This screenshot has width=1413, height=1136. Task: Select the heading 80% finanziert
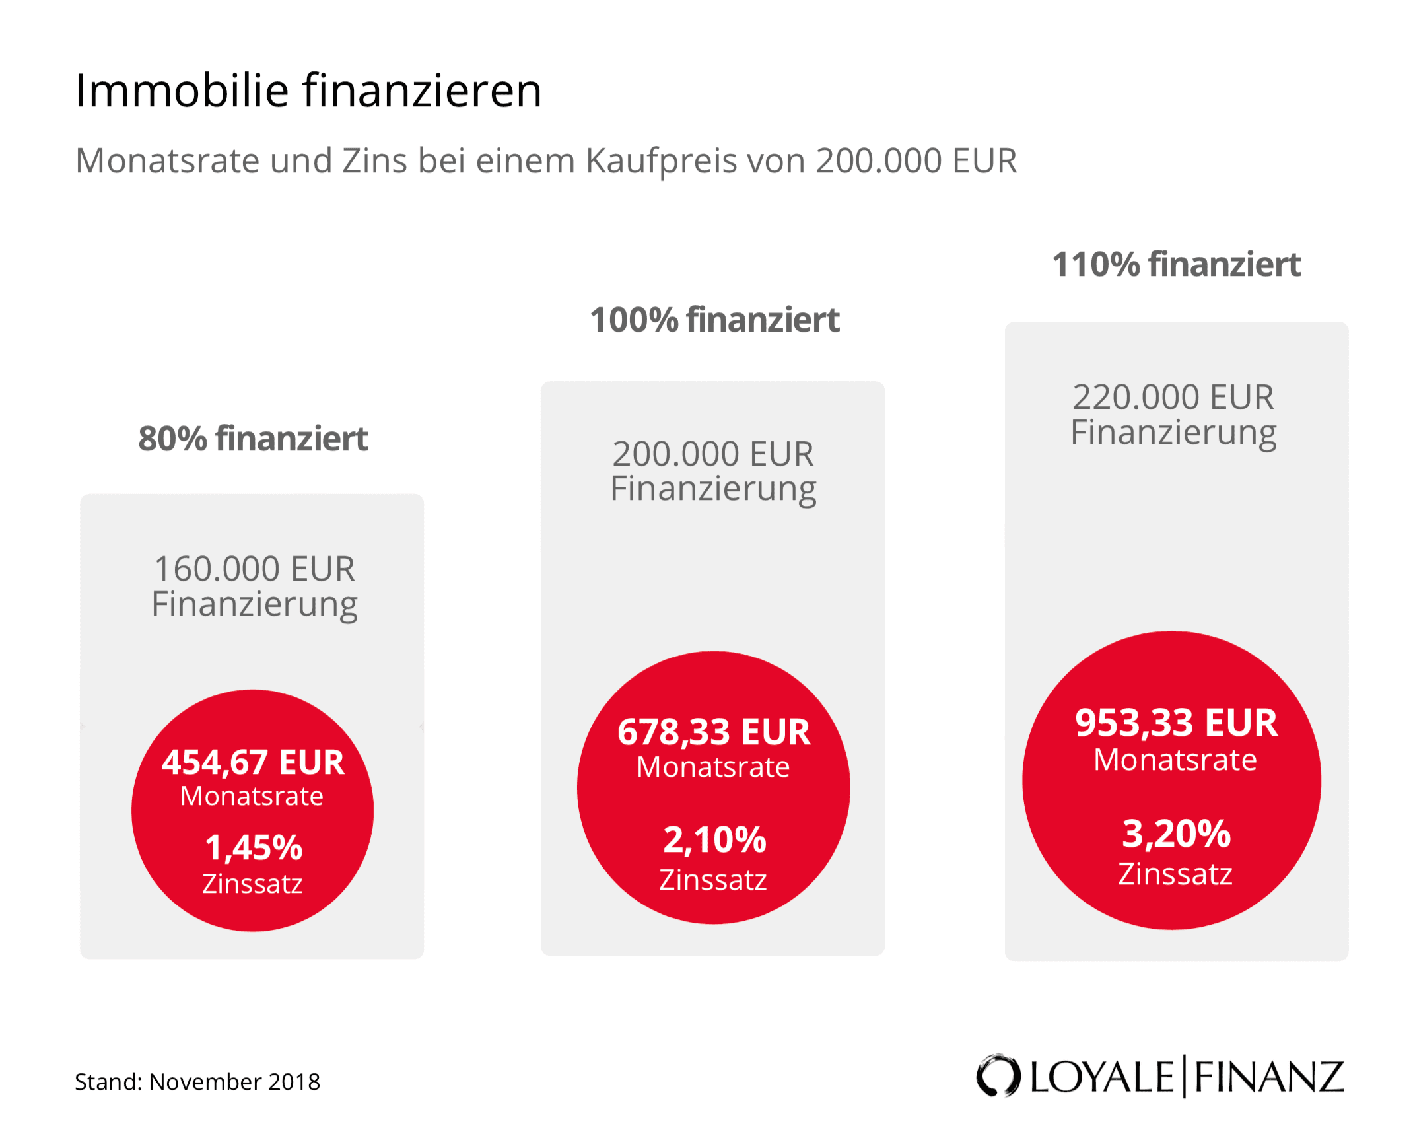pyautogui.click(x=253, y=439)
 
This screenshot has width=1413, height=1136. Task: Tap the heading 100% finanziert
pyautogui.click(x=714, y=320)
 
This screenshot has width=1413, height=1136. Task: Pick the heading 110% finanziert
pyautogui.click(x=1176, y=265)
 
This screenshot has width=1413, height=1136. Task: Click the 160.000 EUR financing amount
pyautogui.click(x=254, y=569)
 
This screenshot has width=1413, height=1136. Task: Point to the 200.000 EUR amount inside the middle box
pyautogui.click(x=713, y=454)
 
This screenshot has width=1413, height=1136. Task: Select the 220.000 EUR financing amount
pyautogui.click(x=1173, y=397)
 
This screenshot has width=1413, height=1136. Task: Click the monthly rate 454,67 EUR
pyautogui.click(x=253, y=762)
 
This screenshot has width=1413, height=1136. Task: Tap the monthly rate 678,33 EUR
pyautogui.click(x=713, y=732)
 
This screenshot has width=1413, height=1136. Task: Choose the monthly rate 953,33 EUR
pyautogui.click(x=1176, y=723)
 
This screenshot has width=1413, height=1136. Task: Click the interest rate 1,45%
pyautogui.click(x=253, y=847)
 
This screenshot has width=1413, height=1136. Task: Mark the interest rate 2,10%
pyautogui.click(x=714, y=839)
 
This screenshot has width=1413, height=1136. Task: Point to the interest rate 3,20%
pyautogui.click(x=1176, y=834)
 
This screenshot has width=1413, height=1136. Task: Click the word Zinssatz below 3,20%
pyautogui.click(x=1175, y=874)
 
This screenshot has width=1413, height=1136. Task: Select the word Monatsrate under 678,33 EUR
pyautogui.click(x=713, y=767)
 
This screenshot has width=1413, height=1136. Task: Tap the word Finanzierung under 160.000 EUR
pyautogui.click(x=254, y=604)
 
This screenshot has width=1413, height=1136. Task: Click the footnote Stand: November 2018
pyautogui.click(x=197, y=1082)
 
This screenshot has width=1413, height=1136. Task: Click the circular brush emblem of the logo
pyautogui.click(x=998, y=1076)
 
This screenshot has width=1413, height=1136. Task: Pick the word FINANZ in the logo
pyautogui.click(x=1268, y=1077)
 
